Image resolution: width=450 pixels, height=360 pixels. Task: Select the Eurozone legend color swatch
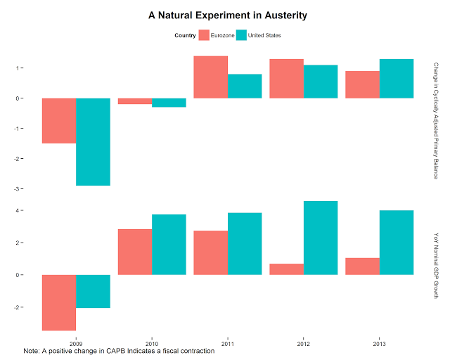click(205, 35)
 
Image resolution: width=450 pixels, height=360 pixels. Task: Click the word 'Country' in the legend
click(185, 36)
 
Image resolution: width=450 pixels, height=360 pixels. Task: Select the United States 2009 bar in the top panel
click(93, 141)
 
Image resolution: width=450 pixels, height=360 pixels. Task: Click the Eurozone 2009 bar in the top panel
click(59, 120)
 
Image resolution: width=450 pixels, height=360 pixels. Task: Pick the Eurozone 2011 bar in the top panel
click(211, 77)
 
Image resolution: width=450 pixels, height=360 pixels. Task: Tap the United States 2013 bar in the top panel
click(397, 79)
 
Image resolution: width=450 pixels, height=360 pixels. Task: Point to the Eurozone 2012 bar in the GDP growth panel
click(287, 269)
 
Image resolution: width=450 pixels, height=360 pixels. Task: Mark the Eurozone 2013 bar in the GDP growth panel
click(363, 266)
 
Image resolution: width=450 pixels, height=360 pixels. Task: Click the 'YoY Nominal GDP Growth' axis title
click(436, 266)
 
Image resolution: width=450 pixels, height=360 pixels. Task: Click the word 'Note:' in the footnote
click(32, 349)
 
